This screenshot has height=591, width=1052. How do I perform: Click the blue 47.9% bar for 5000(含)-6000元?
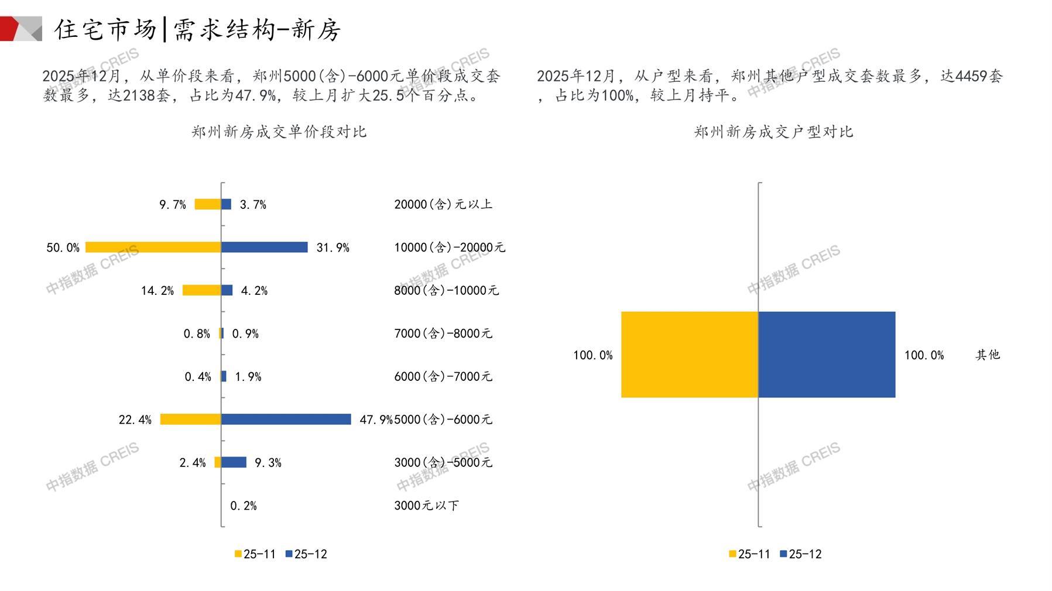tap(286, 419)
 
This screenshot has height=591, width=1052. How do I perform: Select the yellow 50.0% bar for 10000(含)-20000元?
tap(153, 247)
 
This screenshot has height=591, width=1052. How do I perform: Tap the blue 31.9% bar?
tap(265, 247)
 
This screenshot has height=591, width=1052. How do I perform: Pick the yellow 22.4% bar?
tap(190, 419)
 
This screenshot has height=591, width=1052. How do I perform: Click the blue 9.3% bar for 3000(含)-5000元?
tap(234, 462)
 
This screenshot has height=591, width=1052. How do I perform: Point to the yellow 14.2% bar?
tap(201, 290)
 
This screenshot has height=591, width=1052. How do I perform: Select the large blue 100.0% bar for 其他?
tap(827, 355)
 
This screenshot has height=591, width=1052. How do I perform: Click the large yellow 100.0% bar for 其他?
tap(690, 355)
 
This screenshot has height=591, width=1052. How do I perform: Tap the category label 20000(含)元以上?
tap(443, 204)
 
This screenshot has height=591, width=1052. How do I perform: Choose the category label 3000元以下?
tap(426, 506)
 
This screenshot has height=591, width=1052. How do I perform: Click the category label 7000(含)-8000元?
tap(443, 334)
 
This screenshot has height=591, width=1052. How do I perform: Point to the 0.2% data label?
tap(244, 506)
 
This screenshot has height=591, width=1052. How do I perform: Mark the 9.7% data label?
tap(173, 205)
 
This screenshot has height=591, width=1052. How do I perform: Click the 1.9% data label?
tap(248, 377)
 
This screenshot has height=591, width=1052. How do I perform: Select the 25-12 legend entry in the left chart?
tap(306, 554)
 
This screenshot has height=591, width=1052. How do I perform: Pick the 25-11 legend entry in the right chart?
tap(749, 554)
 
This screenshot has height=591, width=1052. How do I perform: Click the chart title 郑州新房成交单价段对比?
tap(279, 132)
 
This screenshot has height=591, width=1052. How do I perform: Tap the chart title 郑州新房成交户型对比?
tap(773, 132)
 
